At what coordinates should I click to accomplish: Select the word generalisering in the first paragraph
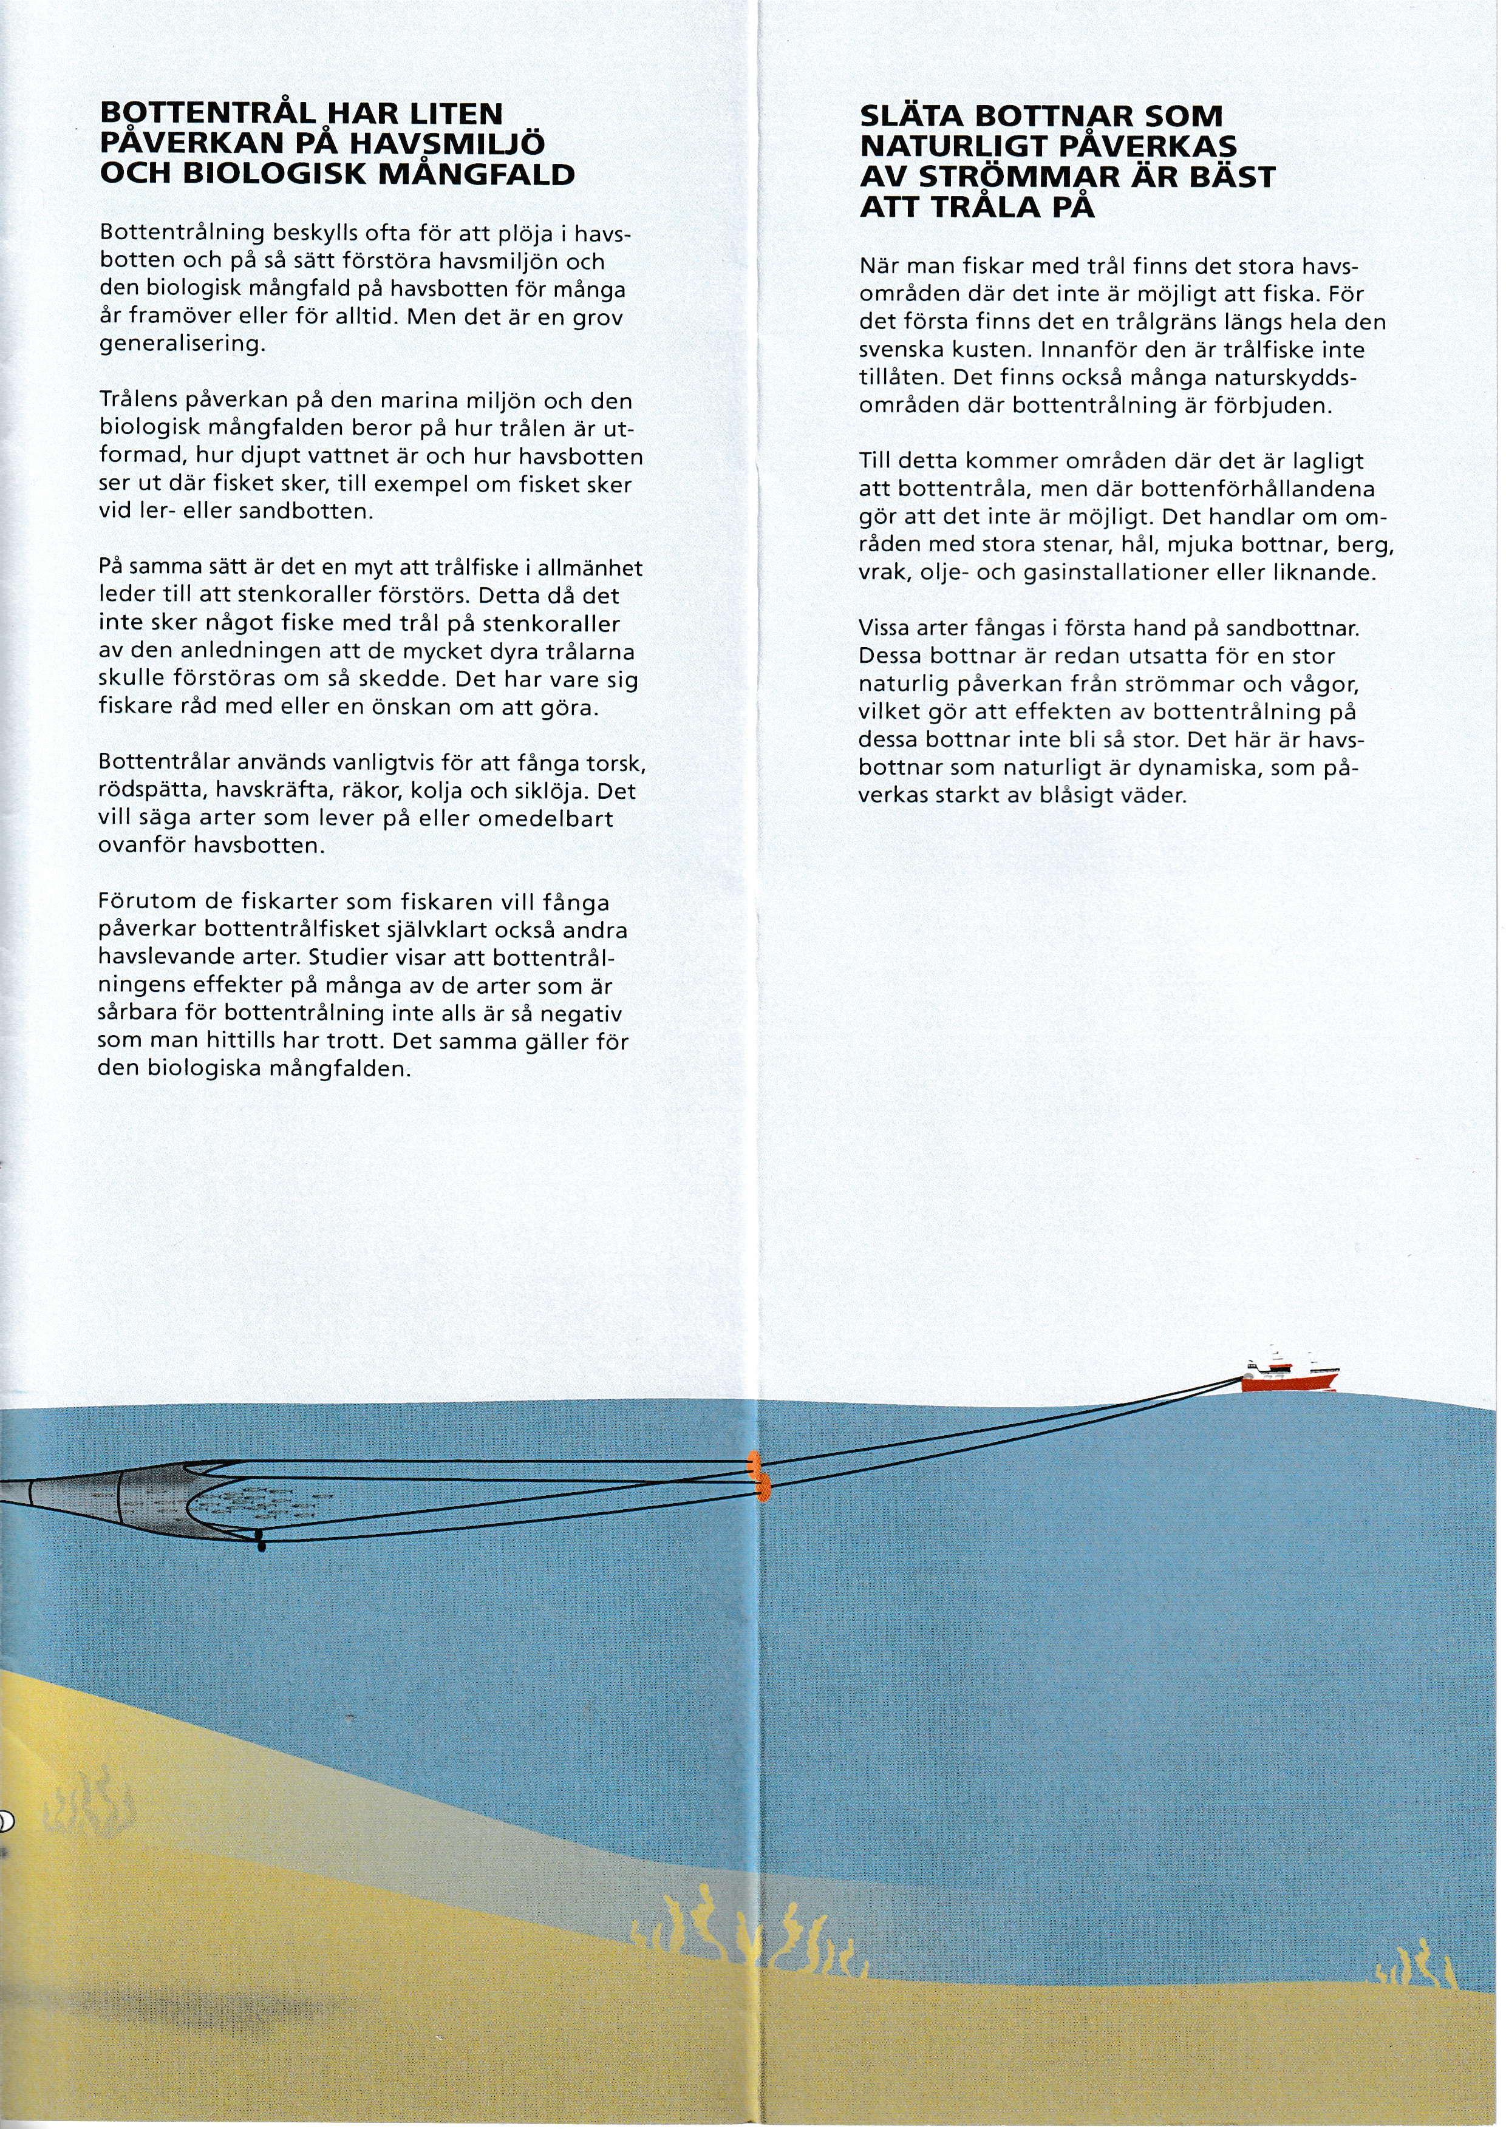pos(182,344)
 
